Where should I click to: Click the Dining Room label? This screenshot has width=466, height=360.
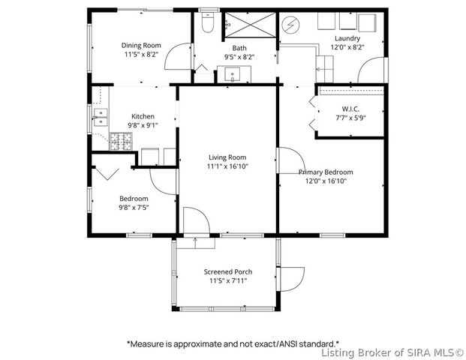pyautogui.click(x=141, y=46)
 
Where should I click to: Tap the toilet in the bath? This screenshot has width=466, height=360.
pyautogui.click(x=207, y=22)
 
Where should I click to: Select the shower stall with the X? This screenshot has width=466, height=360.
pyautogui.click(x=250, y=25)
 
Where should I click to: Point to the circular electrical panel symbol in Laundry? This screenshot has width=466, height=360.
pyautogui.click(x=290, y=25)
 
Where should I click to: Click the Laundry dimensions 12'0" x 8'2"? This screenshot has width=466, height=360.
pyautogui.click(x=347, y=47)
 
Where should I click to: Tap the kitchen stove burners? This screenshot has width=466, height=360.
pyautogui.click(x=122, y=141)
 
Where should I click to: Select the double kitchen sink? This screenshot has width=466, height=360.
pyautogui.click(x=101, y=117)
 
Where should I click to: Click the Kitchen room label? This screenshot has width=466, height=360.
pyautogui.click(x=143, y=116)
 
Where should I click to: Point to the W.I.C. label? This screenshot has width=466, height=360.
pyautogui.click(x=350, y=109)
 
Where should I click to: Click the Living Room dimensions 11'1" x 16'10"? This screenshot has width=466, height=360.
pyautogui.click(x=227, y=166)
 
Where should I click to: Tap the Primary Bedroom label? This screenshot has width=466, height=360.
pyautogui.click(x=326, y=172)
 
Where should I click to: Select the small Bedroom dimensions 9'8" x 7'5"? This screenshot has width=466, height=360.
pyautogui.click(x=134, y=207)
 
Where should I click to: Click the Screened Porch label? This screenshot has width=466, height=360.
pyautogui.click(x=228, y=271)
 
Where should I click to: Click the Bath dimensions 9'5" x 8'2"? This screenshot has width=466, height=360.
pyautogui.click(x=239, y=57)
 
